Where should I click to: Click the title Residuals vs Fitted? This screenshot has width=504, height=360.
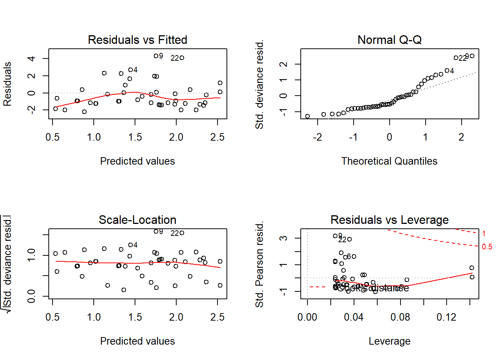tap(137, 40)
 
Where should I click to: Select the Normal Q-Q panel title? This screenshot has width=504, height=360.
tap(389, 40)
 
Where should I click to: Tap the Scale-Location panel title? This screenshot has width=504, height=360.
tap(137, 220)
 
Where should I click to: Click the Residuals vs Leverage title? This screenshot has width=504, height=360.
tap(389, 220)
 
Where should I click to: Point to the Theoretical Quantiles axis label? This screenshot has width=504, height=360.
tap(389, 161)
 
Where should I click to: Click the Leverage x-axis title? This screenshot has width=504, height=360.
tap(389, 341)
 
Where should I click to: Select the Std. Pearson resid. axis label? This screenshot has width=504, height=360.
tap(259, 264)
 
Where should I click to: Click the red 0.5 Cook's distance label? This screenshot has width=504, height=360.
tap(487, 247)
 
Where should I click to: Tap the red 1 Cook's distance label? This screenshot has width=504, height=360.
tap(484, 234)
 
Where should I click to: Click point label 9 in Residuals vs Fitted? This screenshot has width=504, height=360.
tap(161, 56)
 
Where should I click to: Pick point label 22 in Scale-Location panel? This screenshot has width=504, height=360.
tap(175, 233)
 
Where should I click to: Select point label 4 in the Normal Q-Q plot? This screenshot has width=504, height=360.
tap(452, 71)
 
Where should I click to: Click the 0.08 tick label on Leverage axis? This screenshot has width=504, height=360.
tap(400, 317)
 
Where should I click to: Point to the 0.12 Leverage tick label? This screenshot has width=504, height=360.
tap(446, 317)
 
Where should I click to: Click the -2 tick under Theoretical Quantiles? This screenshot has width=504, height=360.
tap(317, 137)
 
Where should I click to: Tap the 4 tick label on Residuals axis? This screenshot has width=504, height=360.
tap(31, 58)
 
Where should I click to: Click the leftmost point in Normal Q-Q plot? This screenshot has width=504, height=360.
tap(307, 116)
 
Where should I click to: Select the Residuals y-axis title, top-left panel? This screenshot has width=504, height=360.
tap(7, 84)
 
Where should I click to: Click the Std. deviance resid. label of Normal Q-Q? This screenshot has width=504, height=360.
tap(259, 84)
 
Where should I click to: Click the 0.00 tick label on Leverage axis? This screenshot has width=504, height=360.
tap(307, 317)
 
